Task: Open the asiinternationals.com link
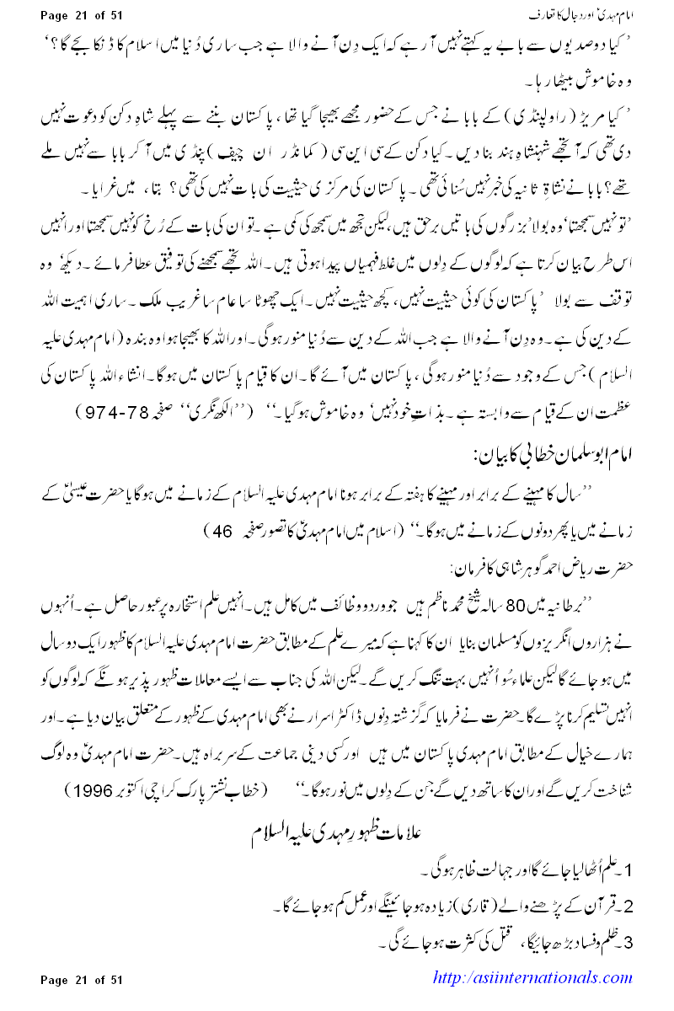click(x=531, y=978)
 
